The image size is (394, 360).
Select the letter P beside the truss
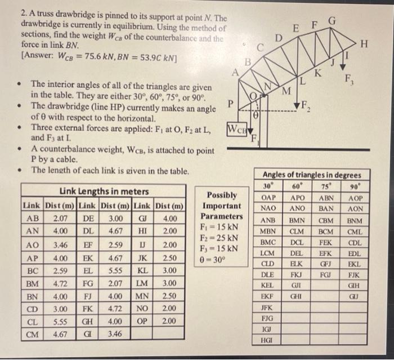point(230,104)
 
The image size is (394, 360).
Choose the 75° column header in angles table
point(329,186)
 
